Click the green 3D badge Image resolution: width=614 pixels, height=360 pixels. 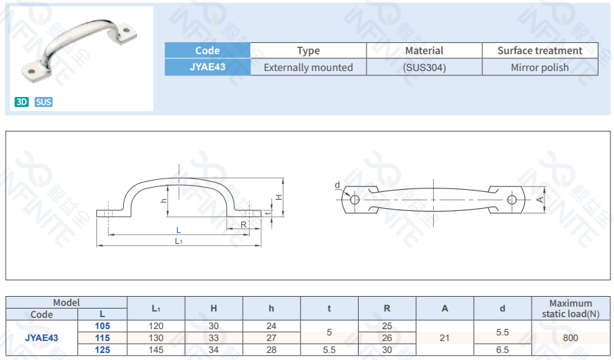(x=22, y=102)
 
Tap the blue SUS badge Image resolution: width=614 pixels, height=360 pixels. (x=44, y=102)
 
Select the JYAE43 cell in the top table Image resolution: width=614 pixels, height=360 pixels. (x=207, y=67)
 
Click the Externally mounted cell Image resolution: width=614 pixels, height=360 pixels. (x=308, y=67)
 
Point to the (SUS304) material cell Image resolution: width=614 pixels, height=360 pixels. (x=424, y=67)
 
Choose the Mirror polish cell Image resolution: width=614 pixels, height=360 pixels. (x=539, y=67)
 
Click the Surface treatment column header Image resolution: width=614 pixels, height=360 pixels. (x=539, y=51)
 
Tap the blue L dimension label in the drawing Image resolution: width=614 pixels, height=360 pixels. (x=179, y=230)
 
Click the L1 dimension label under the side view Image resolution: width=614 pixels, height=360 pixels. (x=179, y=241)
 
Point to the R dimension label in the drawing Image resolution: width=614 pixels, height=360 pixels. (x=243, y=224)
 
